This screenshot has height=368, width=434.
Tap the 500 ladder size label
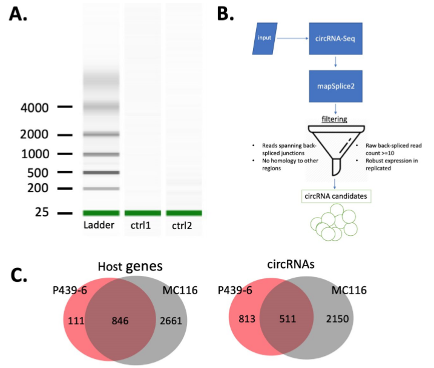click(x=37, y=172)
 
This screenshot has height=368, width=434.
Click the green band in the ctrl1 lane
click(x=142, y=213)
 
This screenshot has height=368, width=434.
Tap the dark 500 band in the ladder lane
click(x=100, y=173)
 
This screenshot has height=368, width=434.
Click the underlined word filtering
click(x=334, y=119)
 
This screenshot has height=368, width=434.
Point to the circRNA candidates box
click(x=335, y=196)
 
